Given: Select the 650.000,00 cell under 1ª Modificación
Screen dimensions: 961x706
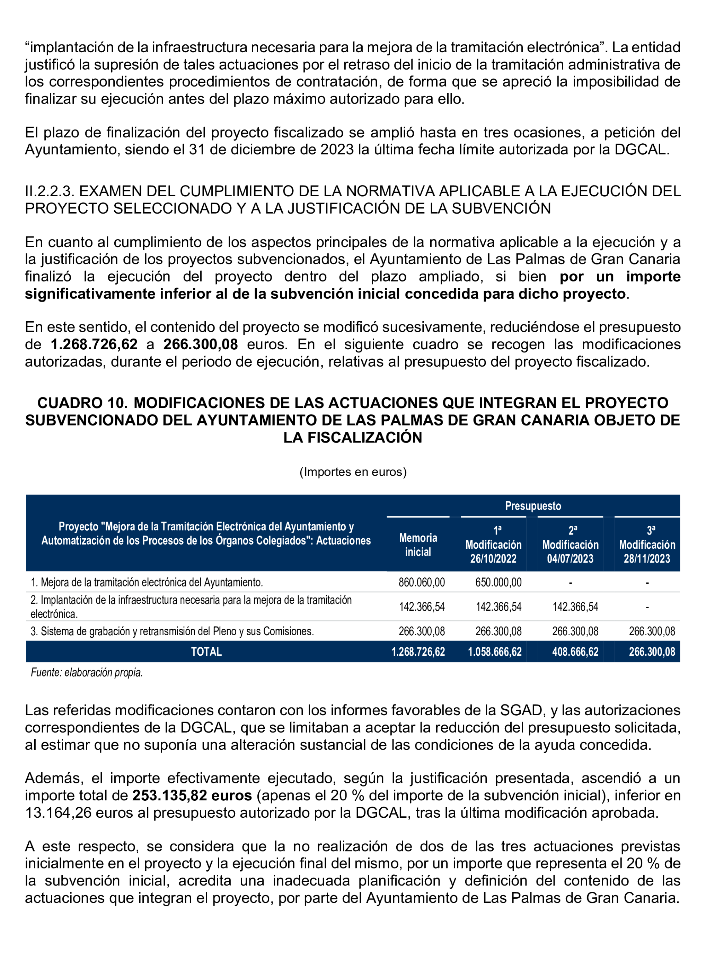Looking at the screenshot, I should point(498,582).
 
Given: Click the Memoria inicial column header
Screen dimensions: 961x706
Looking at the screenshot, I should point(418,545).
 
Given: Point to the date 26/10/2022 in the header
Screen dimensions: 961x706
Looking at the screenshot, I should point(493,559).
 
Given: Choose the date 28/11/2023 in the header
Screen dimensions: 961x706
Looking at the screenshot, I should point(647,559).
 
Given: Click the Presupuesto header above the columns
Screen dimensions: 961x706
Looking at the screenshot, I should point(532,506).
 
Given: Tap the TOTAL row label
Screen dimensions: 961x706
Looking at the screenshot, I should point(206,652).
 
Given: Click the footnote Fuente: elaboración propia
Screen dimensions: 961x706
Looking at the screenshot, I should point(87,673).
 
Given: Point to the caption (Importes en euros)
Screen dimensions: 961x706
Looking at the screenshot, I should point(353,472).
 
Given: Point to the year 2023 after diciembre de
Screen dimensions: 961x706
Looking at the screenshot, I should point(337,150).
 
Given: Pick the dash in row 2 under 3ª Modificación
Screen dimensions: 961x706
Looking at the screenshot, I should point(647,607).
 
